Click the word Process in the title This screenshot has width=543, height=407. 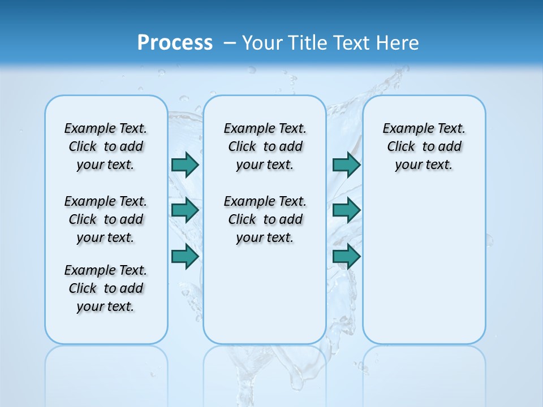pyautogui.click(x=175, y=42)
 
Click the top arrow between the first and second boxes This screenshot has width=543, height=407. pyautogui.click(x=185, y=164)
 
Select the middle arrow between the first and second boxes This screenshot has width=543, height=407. pyautogui.click(x=185, y=210)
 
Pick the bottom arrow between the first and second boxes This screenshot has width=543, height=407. pyautogui.click(x=185, y=257)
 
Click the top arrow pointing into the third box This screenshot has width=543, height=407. pyautogui.click(x=346, y=164)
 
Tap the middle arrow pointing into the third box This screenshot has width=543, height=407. pyautogui.click(x=346, y=210)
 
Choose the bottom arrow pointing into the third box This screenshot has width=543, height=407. pyautogui.click(x=346, y=257)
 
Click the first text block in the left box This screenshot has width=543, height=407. pyautogui.click(x=106, y=146)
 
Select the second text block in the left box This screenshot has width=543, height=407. pyautogui.click(x=106, y=219)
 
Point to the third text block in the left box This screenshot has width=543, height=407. pyautogui.click(x=106, y=288)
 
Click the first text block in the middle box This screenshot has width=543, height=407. pyautogui.click(x=265, y=146)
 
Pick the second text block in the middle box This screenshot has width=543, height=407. pyautogui.click(x=265, y=219)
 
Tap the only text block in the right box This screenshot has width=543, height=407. pyautogui.click(x=424, y=146)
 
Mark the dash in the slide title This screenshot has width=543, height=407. pyautogui.click(x=230, y=42)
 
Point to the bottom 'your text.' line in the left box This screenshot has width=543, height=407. pyautogui.click(x=106, y=306)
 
